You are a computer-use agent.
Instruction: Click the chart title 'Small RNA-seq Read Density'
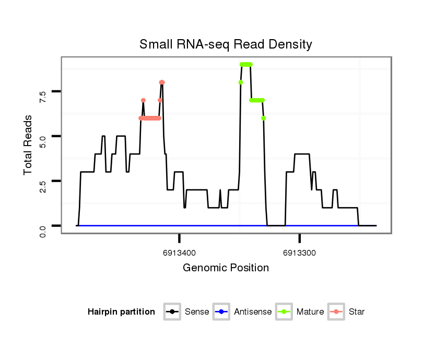226,44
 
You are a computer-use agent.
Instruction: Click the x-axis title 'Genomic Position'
226,268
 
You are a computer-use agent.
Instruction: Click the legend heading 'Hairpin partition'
121,312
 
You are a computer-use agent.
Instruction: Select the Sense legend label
197,312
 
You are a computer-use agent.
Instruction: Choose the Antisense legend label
253,312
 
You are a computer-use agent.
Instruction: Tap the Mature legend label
310,312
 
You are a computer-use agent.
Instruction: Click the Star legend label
357,312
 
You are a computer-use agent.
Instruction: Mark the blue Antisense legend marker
222,312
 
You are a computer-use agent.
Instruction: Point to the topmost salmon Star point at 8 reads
162,82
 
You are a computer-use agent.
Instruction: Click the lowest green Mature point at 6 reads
264,118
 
